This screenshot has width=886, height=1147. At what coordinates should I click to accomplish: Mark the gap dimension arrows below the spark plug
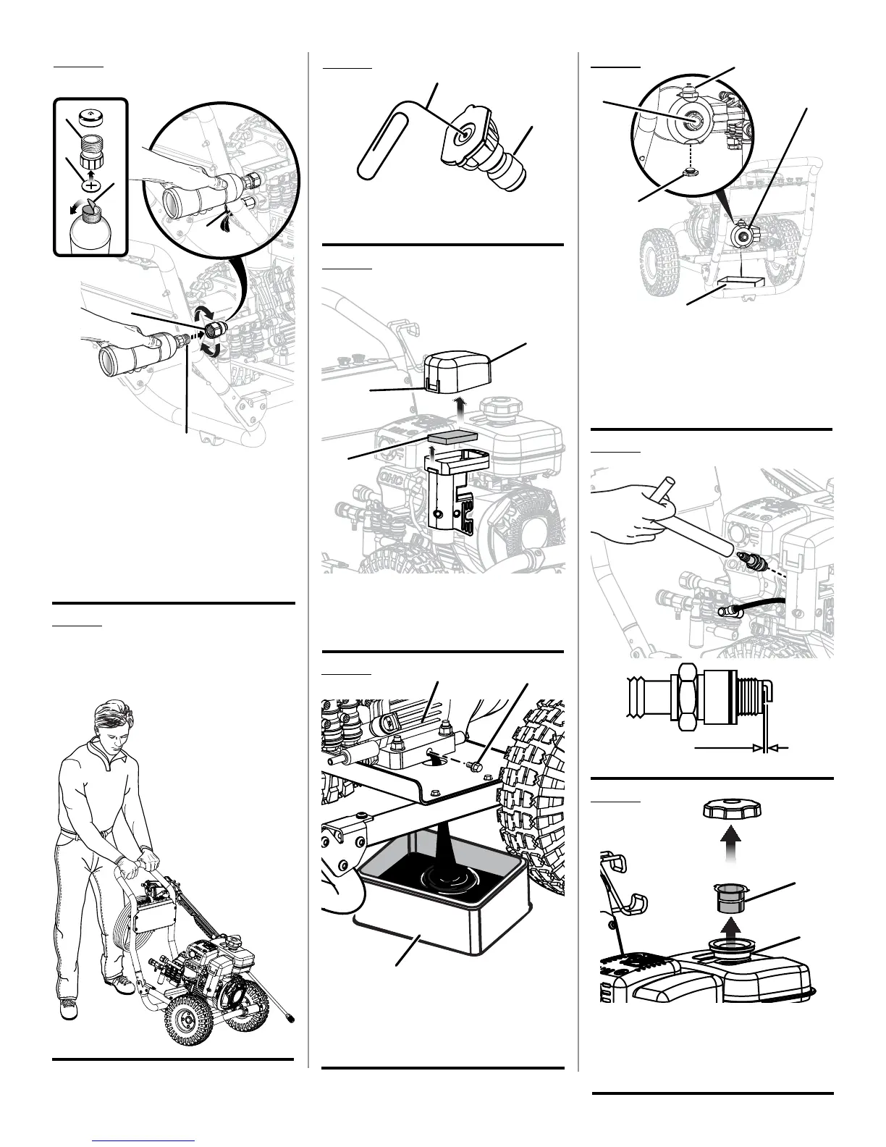click(x=763, y=747)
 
